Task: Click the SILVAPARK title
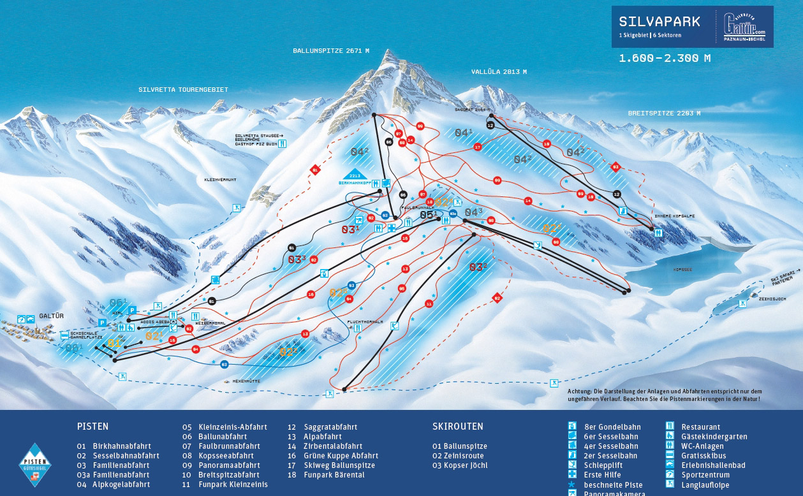659,21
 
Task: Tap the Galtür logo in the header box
744,27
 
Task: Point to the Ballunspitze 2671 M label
331,50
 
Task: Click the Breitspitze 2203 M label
664,113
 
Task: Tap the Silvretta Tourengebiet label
183,90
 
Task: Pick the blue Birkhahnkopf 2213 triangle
355,174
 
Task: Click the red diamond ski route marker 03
615,167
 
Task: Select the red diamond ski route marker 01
314,170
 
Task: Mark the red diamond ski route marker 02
497,298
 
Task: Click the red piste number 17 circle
478,147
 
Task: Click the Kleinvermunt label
220,180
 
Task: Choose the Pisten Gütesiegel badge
35,466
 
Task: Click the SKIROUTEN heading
457,427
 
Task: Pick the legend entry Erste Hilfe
602,475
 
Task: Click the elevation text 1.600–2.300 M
665,58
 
